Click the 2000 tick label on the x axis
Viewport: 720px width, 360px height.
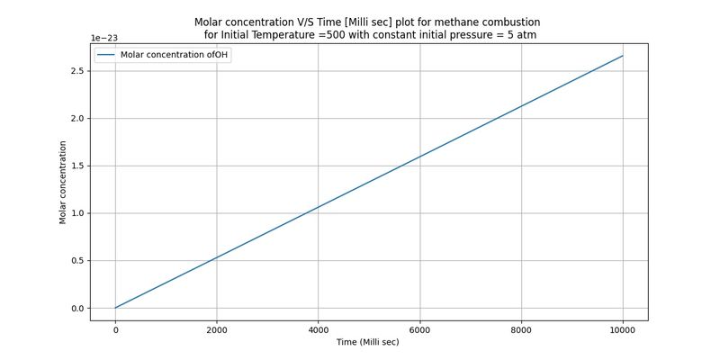[217, 330]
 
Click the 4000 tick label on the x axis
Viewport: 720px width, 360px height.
[319, 330]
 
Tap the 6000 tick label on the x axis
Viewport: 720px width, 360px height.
[420, 330]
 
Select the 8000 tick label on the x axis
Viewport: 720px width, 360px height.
[522, 330]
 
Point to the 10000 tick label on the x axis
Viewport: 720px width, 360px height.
[623, 330]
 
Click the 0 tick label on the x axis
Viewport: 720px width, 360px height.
[115, 330]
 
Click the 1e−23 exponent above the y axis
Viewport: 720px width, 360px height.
[104, 38]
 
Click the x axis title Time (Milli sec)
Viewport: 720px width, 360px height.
[368, 343]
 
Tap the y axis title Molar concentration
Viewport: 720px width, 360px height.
[63, 183]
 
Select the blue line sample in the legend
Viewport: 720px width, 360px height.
[106, 55]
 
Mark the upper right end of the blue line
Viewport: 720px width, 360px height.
[623, 56]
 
